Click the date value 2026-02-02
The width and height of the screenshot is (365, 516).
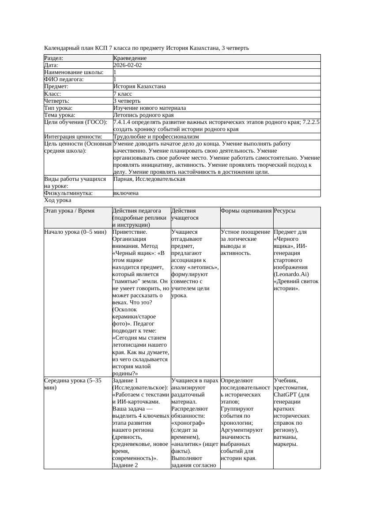click(128, 65)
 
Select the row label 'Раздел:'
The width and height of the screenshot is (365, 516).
click(54, 58)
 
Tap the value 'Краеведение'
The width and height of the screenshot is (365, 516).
click(130, 58)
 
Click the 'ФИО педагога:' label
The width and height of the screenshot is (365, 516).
click(64, 79)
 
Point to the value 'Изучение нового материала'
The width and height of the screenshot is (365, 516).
click(150, 108)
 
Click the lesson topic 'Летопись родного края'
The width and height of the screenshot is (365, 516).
click(143, 115)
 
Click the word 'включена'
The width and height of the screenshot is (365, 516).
click(126, 193)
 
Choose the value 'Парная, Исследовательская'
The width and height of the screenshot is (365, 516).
click(149, 179)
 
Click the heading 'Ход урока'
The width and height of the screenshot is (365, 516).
click(57, 200)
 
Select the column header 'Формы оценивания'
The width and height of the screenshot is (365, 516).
click(246, 211)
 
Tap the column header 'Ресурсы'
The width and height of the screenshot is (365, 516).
click(285, 211)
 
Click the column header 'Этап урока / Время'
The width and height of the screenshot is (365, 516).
click(69, 211)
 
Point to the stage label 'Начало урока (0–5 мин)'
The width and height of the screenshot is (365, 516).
click(74, 232)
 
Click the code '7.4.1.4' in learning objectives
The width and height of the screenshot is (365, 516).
click(123, 122)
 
